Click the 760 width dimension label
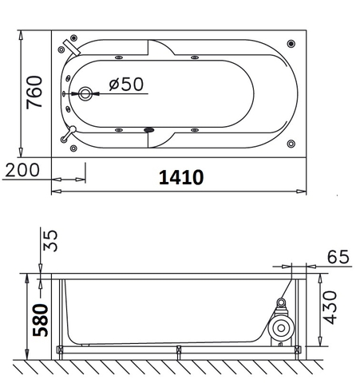pos(33,93)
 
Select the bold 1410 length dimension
pos(181,177)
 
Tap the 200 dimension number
pos(22,170)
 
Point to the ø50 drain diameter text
pos(124,85)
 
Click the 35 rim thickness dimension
pos(49,240)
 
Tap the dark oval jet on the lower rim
pos(148,130)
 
